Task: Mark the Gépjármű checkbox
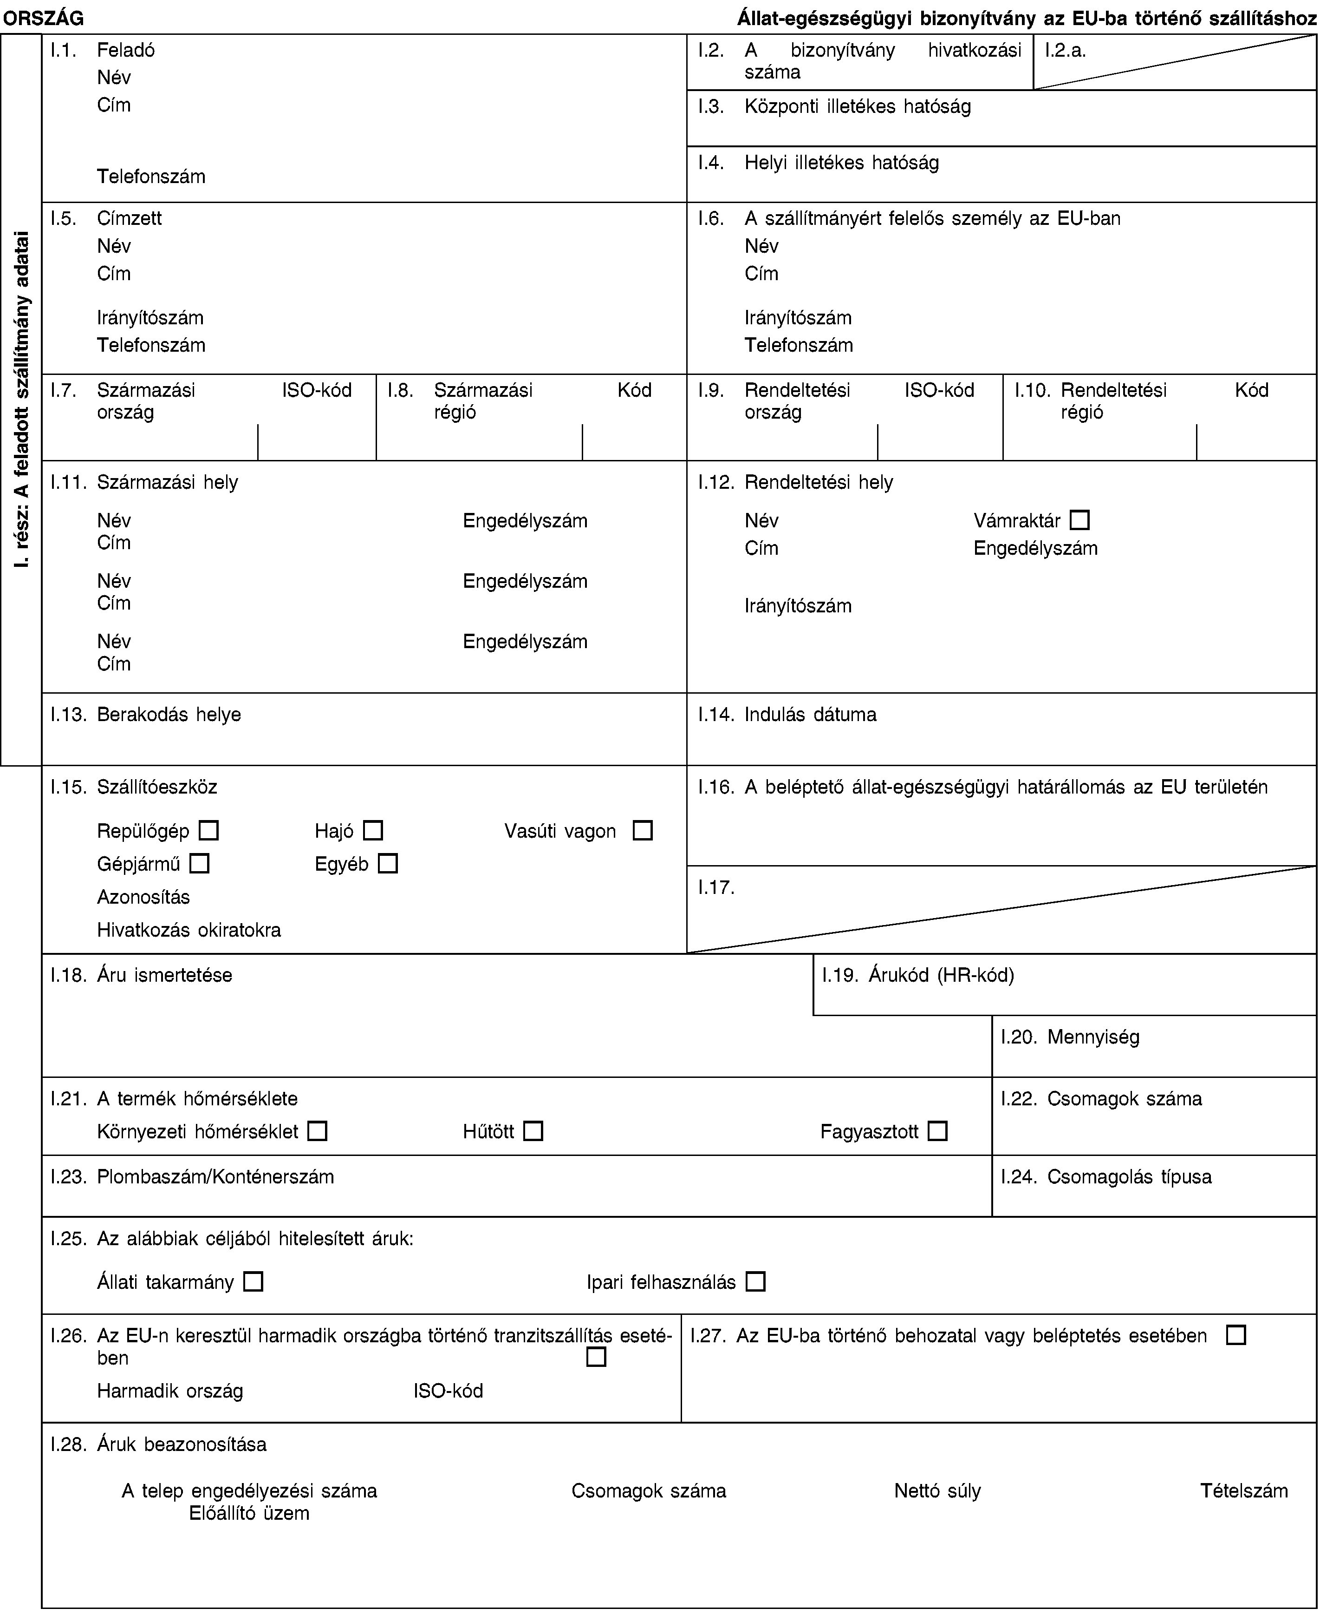(200, 863)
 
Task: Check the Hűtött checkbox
(533, 1131)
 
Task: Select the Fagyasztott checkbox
(937, 1131)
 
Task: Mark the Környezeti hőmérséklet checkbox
(318, 1131)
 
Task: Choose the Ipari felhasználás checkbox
(755, 1282)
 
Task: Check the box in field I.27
(1235, 1335)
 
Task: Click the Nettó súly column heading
(937, 1490)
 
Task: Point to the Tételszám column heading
(1244, 1490)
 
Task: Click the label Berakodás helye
(169, 714)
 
